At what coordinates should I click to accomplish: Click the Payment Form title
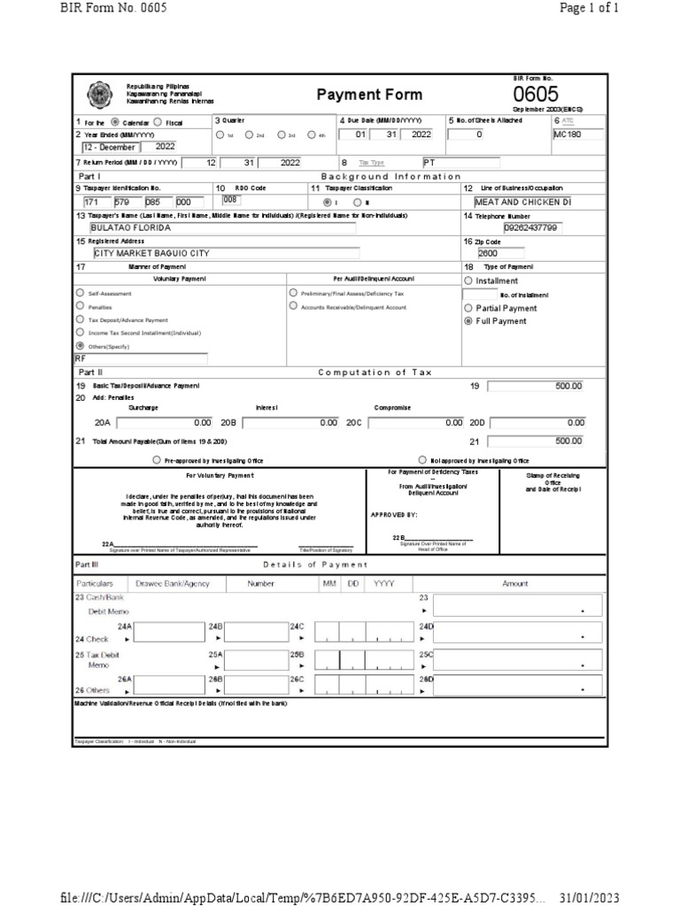(x=357, y=95)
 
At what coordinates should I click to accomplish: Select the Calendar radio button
(x=114, y=122)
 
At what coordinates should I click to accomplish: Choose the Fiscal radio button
(x=158, y=122)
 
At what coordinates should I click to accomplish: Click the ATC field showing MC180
(x=577, y=134)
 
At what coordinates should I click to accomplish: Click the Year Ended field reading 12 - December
(x=105, y=146)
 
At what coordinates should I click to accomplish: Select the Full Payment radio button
(x=468, y=321)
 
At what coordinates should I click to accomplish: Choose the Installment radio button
(x=468, y=280)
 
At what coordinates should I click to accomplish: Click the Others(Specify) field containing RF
(x=140, y=359)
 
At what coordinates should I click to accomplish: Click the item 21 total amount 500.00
(x=535, y=441)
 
